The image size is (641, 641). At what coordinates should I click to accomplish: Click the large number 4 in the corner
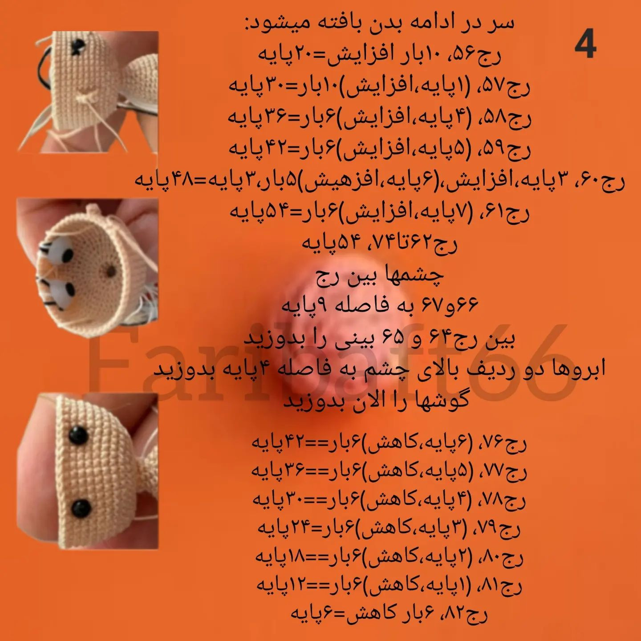(585, 43)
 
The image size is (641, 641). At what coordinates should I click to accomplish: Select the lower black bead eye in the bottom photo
(81, 508)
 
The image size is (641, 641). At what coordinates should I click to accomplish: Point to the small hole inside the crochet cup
(110, 270)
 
